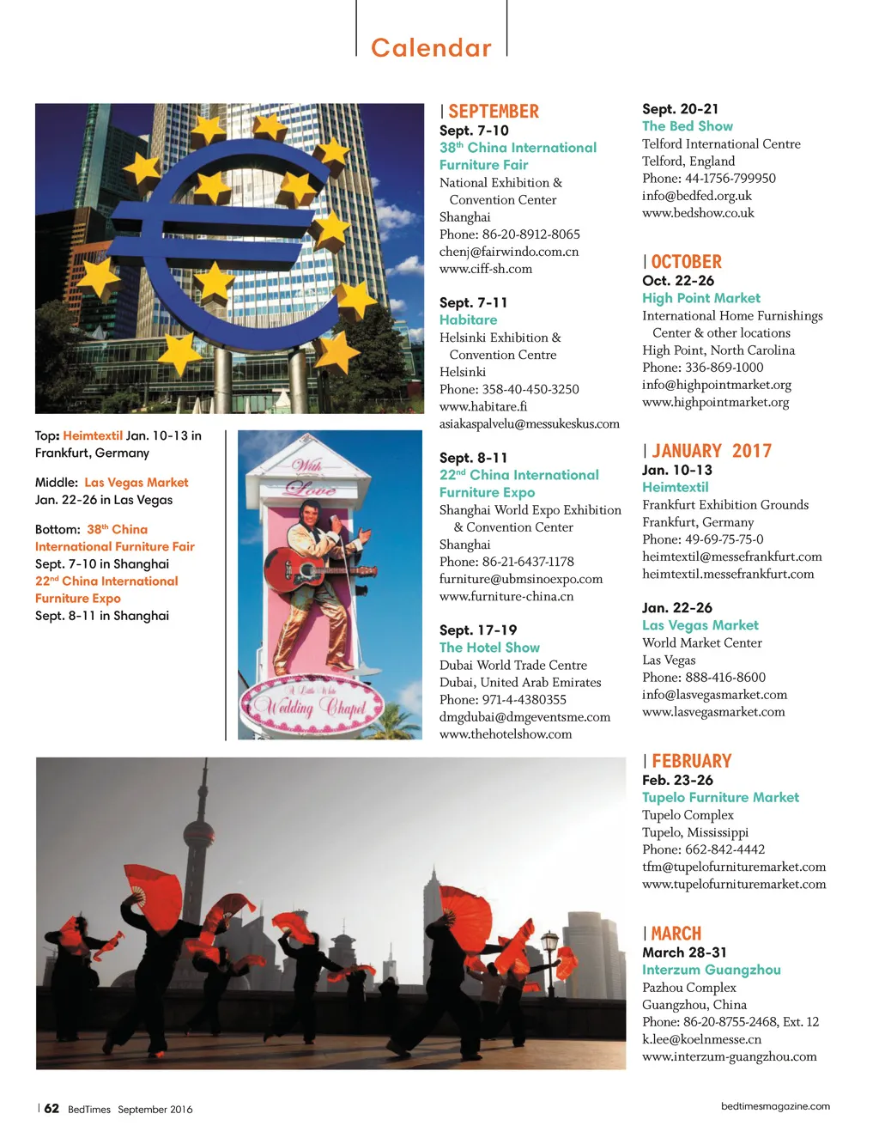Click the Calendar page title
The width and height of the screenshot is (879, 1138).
(431, 48)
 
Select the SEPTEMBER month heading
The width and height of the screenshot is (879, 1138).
(494, 112)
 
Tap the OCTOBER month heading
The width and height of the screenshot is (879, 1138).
(686, 262)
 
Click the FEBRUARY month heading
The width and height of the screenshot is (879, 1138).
(691, 761)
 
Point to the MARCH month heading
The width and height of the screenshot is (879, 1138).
(676, 934)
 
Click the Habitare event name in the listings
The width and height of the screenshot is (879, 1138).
(468, 319)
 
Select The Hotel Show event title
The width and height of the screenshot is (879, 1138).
(489, 648)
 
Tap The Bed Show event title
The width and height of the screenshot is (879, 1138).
(687, 126)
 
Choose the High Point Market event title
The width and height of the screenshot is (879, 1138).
(700, 298)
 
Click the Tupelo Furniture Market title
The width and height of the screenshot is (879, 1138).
(720, 797)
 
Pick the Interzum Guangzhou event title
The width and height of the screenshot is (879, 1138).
(711, 970)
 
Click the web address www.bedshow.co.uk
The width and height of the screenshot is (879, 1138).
(698, 213)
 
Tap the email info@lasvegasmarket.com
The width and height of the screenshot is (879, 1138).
(714, 694)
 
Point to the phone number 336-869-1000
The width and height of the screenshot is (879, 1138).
(724, 368)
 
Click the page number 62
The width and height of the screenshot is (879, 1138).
(52, 1108)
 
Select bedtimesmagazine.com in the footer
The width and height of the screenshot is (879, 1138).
(775, 1106)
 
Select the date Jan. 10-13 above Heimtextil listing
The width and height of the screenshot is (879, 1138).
(676, 470)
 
